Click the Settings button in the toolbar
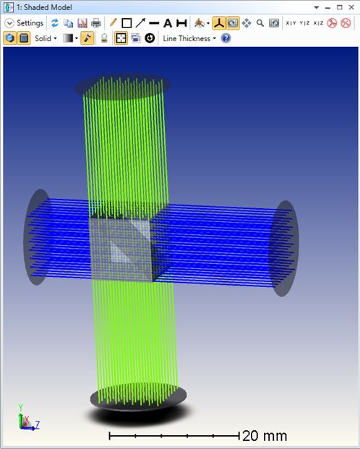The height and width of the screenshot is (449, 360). click(25, 23)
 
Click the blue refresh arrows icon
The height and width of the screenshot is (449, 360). click(54, 23)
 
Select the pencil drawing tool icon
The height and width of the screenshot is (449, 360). click(113, 23)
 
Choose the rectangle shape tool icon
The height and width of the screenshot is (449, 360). click(127, 23)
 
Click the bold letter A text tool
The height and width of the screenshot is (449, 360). click(168, 23)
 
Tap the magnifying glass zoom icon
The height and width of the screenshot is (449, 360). click(260, 23)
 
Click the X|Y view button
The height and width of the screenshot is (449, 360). click(291, 23)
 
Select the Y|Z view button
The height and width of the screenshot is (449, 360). click(304, 23)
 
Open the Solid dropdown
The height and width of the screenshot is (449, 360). click(46, 38)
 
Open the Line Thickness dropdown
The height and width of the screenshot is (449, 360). click(189, 38)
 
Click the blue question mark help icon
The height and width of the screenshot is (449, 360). click(226, 38)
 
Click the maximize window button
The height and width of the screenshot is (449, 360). click(340, 7)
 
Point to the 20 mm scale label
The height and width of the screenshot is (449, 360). click(265, 436)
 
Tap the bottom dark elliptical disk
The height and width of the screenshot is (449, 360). click(138, 396)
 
